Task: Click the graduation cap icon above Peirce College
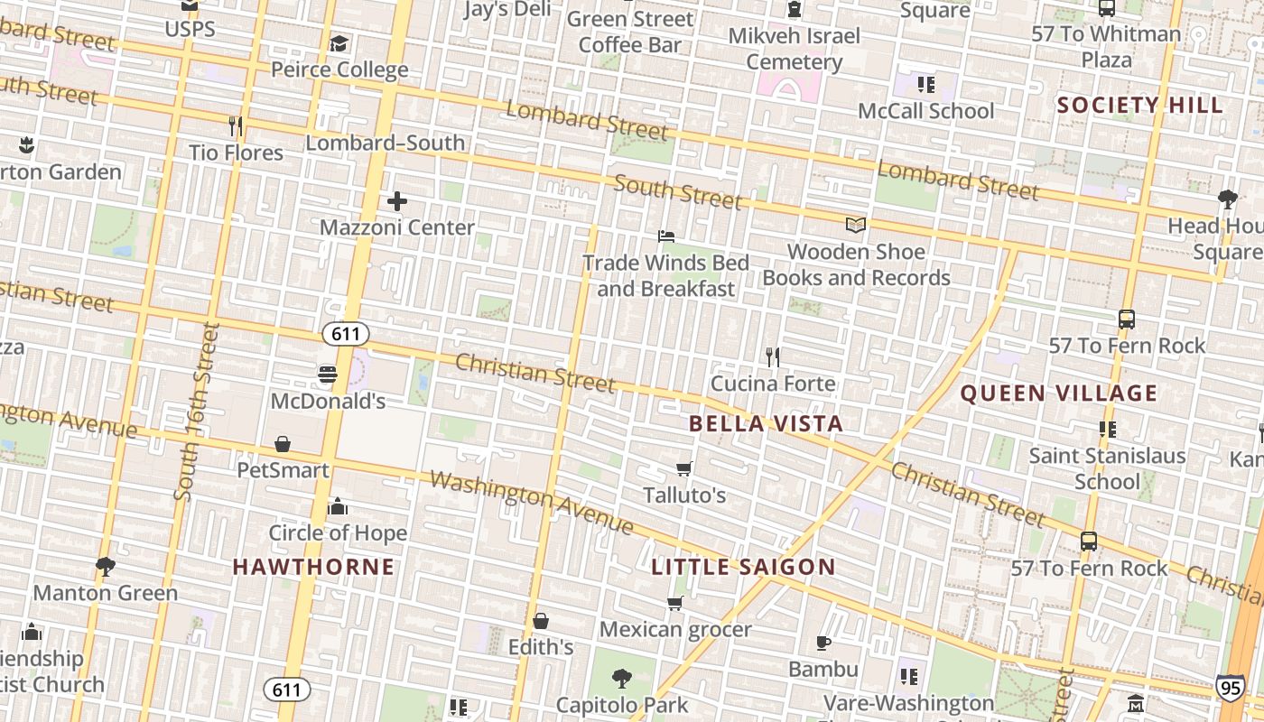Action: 339,43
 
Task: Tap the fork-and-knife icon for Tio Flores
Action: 236,125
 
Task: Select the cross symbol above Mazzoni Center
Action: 396,201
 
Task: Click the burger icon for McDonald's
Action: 328,374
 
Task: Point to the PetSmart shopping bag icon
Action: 283,444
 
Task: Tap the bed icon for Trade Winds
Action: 666,236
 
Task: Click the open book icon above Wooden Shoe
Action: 855,225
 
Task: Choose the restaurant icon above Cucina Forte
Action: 773,356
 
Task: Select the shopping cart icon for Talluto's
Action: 684,468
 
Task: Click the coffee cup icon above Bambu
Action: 823,643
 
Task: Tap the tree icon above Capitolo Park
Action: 621,678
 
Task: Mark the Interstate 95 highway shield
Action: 1230,688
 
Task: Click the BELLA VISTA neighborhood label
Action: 766,423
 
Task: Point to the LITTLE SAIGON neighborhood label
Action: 743,567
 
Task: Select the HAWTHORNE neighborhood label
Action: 313,567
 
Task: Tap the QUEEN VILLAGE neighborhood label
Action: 1058,393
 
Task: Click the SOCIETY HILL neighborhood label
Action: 1139,105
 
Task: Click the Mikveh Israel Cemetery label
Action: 795,49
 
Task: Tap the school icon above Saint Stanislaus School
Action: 1107,430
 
